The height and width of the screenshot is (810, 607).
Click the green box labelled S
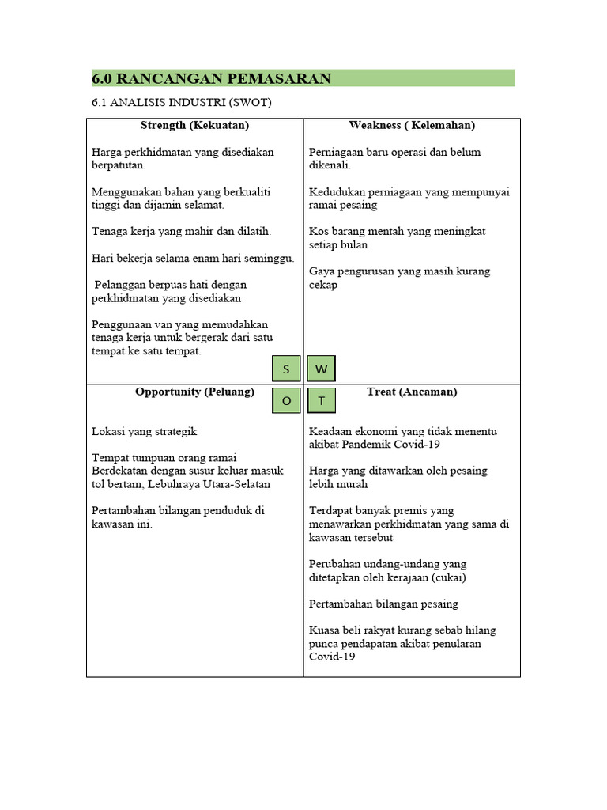pyautogui.click(x=286, y=369)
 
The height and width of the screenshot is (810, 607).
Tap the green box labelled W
pyautogui.click(x=321, y=369)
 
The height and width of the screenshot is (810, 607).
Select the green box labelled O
pyautogui.click(x=286, y=401)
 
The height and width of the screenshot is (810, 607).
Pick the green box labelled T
pyautogui.click(x=321, y=401)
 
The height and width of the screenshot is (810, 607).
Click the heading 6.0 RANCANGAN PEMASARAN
pyautogui.click(x=211, y=78)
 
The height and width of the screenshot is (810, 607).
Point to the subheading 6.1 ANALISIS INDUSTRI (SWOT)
pyautogui.click(x=183, y=103)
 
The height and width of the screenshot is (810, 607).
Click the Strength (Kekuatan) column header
pyautogui.click(x=194, y=125)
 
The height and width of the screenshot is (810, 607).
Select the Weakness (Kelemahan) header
pyautogui.click(x=412, y=125)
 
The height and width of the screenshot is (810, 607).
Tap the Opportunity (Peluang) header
pyautogui.click(x=194, y=392)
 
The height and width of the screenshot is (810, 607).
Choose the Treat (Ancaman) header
pyautogui.click(x=412, y=392)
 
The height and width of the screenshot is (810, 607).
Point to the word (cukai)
pyautogui.click(x=449, y=577)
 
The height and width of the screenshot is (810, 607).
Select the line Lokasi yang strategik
pyautogui.click(x=145, y=432)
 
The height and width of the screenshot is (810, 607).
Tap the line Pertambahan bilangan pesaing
pyautogui.click(x=383, y=604)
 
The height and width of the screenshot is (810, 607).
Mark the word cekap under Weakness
pyautogui.click(x=323, y=285)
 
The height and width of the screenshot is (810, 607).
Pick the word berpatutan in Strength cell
pyautogui.click(x=119, y=165)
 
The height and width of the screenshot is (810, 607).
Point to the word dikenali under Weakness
pyautogui.click(x=329, y=165)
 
